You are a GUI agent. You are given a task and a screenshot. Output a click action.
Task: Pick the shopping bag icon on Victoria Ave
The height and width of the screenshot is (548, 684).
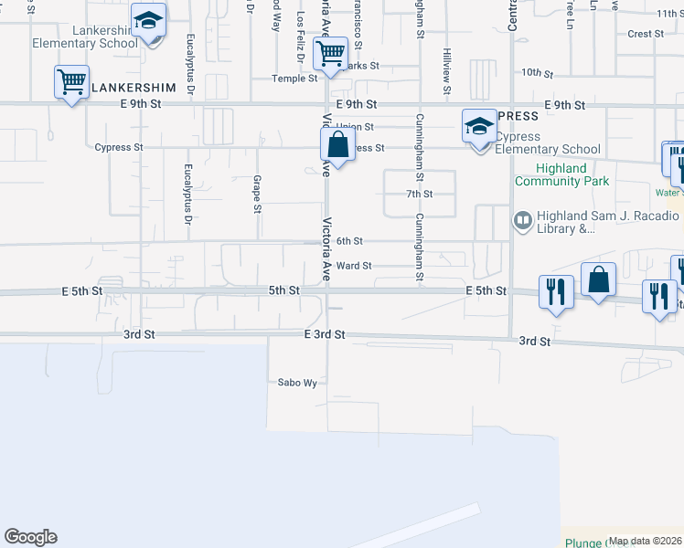pos(337,144)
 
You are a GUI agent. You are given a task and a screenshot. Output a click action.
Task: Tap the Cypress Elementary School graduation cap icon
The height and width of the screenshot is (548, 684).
pos(478,127)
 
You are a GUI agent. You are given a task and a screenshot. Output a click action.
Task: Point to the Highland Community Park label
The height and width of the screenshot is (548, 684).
pos(562,174)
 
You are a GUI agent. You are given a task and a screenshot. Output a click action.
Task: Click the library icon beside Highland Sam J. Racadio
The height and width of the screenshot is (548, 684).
pos(523,218)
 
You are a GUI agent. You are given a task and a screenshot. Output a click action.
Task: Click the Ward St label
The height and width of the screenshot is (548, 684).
pos(353,266)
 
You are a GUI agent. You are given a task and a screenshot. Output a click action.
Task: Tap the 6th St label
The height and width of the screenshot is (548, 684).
pos(349,241)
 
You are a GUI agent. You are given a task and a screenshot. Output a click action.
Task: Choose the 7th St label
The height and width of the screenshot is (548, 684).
pos(419,195)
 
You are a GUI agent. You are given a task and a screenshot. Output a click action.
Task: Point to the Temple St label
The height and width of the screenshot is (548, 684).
pos(294,79)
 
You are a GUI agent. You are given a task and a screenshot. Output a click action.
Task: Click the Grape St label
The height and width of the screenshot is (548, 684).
pos(258,195)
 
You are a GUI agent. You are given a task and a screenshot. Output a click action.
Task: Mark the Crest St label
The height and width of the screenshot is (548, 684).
pos(645,34)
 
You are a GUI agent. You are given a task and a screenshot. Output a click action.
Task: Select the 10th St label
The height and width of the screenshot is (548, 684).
pos(531,72)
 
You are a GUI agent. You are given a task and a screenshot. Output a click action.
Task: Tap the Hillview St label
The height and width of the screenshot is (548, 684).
pos(446,71)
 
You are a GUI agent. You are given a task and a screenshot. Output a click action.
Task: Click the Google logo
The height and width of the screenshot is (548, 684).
pos(30,537)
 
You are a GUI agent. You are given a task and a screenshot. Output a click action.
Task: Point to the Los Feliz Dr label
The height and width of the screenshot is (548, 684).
pos(300,37)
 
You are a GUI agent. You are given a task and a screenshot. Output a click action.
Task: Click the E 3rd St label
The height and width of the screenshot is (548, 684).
pos(325,335)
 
